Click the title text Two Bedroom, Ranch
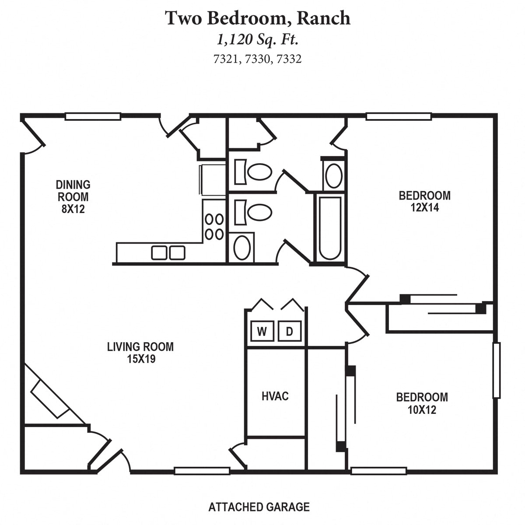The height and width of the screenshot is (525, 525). (x=258, y=18)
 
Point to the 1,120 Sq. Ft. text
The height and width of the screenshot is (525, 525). (x=258, y=40)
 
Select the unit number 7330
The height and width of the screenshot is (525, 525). (x=257, y=59)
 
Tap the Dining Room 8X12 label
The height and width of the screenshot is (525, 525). (x=73, y=197)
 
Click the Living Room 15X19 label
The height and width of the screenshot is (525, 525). (x=140, y=353)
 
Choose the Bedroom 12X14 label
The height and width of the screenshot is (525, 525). (x=424, y=201)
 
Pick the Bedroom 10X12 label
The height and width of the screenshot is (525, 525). (x=422, y=403)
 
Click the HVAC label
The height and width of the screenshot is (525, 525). (x=275, y=396)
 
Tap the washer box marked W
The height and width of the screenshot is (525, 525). (x=262, y=332)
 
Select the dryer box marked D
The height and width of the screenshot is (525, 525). (x=289, y=332)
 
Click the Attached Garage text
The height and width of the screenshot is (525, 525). (x=259, y=507)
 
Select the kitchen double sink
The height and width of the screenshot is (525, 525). (x=168, y=253)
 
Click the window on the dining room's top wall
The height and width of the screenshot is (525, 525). (x=93, y=116)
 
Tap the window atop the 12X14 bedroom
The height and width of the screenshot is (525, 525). (x=399, y=116)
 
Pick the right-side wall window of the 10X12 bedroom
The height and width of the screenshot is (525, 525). (x=496, y=370)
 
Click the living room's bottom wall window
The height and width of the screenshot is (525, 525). (x=202, y=471)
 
